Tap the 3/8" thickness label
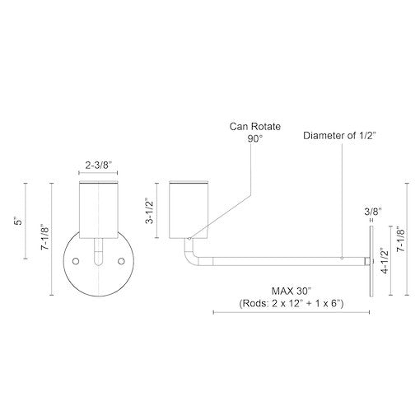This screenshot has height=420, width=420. pyautogui.click(x=372, y=212)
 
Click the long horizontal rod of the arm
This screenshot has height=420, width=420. pyautogui.click(x=280, y=259)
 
